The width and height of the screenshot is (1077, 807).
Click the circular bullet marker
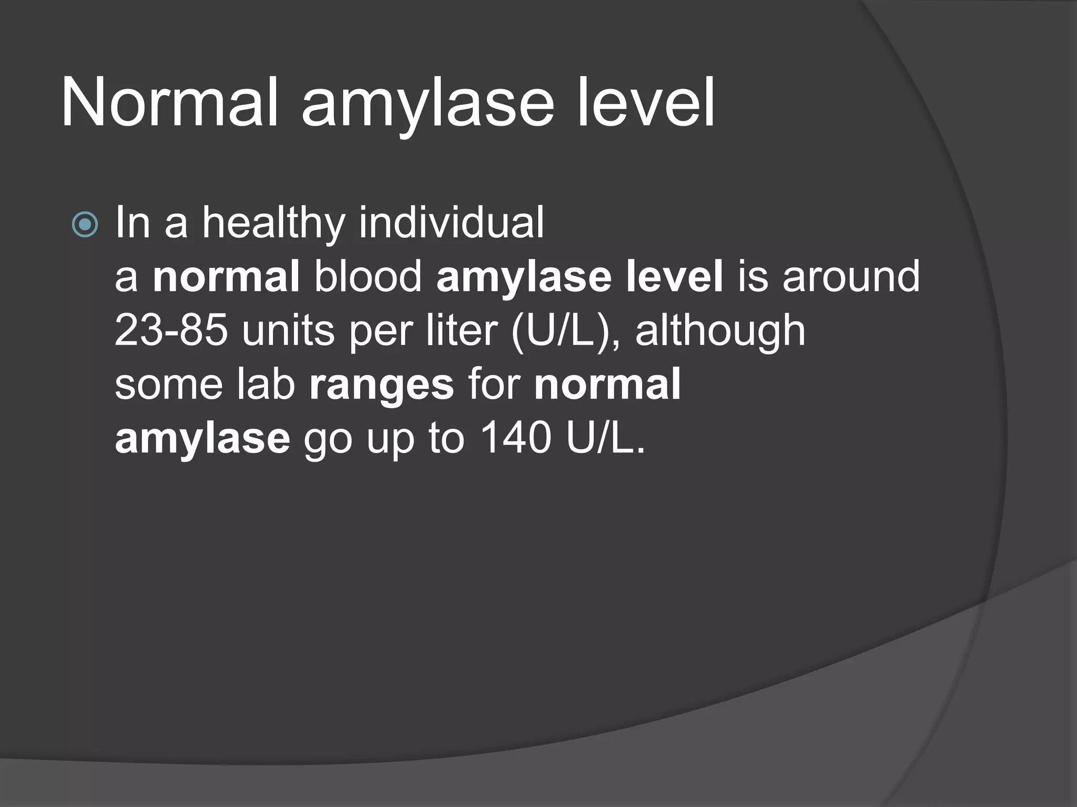tap(85, 225)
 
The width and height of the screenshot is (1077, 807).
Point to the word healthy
tap(273, 223)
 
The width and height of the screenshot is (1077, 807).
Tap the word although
tap(720, 331)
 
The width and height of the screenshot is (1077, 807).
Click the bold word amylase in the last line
tap(202, 439)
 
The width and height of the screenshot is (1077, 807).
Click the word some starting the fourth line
tap(168, 385)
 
